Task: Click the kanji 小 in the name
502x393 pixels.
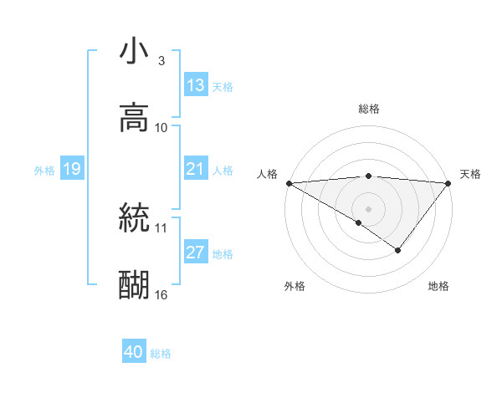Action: pos(134,53)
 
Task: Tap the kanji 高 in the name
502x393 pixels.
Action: pos(134,118)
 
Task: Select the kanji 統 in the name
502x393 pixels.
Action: pos(134,219)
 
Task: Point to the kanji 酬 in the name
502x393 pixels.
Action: pos(134,285)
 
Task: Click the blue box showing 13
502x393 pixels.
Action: pos(196,85)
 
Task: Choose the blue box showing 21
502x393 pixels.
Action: pos(195,170)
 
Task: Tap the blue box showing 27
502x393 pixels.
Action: pos(195,253)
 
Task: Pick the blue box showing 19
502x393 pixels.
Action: pos(71,170)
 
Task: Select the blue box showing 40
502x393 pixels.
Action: pos(134,352)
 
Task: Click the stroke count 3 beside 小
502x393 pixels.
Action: pos(161,61)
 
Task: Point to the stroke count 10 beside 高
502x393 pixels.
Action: pos(161,128)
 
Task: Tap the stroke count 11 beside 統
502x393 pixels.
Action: pos(161,227)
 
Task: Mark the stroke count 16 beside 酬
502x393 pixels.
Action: pos(161,294)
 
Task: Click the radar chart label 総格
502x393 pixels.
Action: pos(369,109)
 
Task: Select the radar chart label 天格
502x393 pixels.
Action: pos(470,174)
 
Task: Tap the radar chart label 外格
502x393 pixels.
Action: pos(295,286)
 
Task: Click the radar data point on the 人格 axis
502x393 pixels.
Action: pos(288,182)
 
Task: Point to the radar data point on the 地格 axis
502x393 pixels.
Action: pos(398,250)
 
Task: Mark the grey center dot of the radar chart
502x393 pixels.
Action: pos(369,207)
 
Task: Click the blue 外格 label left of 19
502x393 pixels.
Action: pos(44,171)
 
